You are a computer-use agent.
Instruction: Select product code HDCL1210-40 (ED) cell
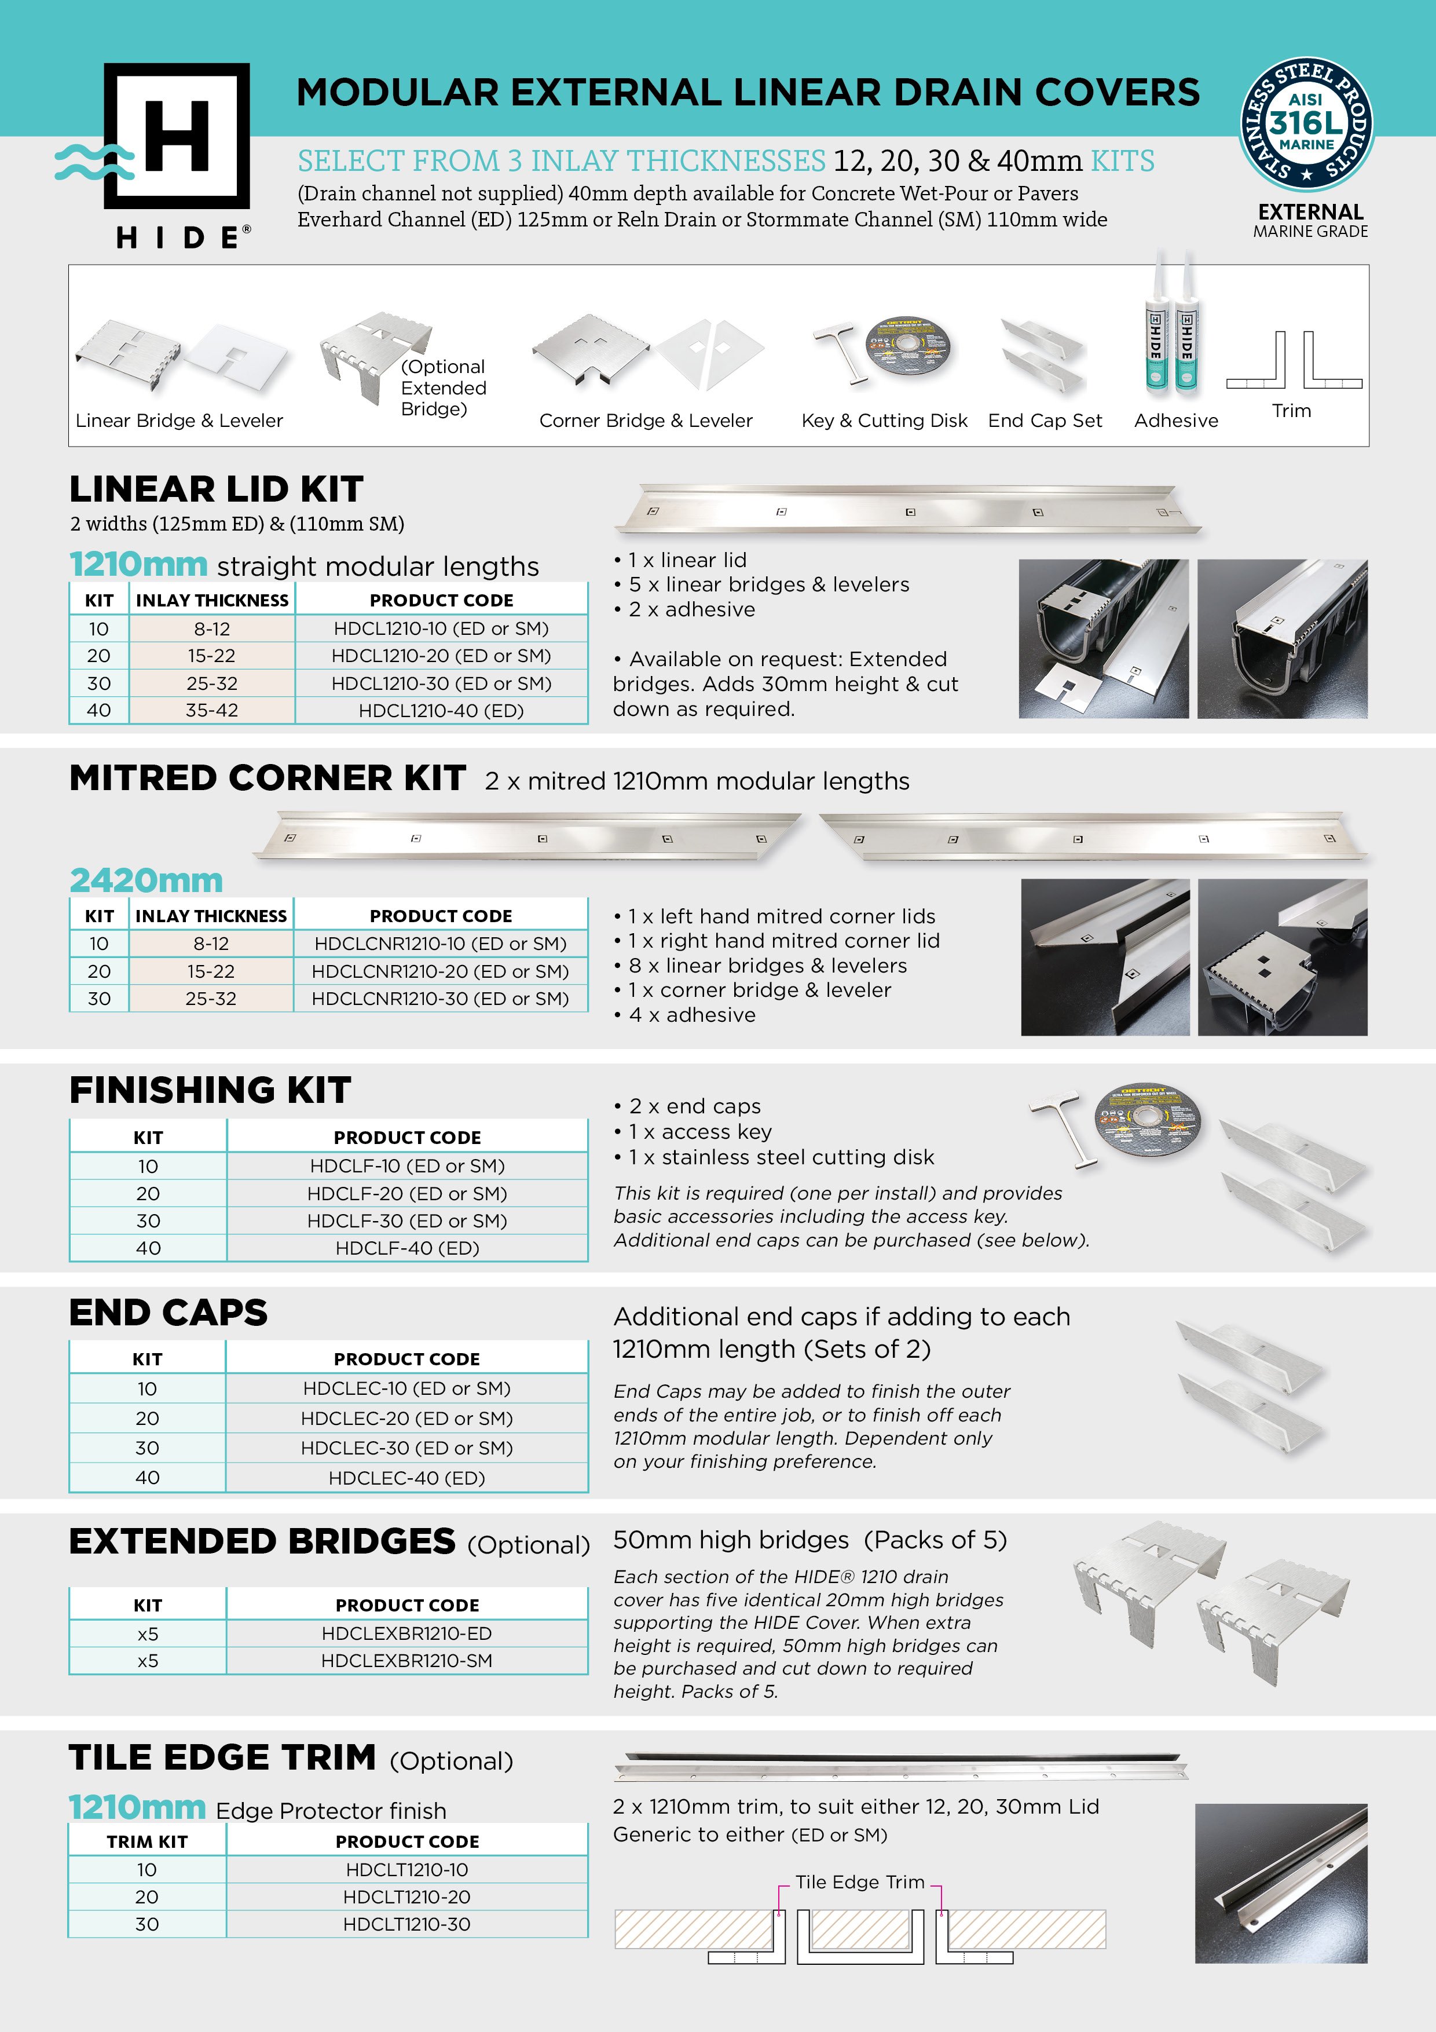tap(441, 710)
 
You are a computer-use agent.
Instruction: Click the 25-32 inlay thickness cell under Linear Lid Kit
tap(211, 684)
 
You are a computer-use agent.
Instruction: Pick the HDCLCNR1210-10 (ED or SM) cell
tap(439, 944)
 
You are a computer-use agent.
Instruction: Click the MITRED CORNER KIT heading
tap(267, 778)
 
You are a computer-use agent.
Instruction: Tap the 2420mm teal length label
tap(146, 880)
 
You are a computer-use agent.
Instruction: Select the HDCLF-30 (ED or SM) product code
tap(407, 1220)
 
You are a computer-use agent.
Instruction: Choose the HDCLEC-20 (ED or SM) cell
tap(406, 1418)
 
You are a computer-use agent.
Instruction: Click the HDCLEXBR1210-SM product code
tap(406, 1660)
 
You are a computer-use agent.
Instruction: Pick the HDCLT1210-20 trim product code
tap(406, 1896)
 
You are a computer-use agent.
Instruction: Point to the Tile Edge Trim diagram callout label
tap(859, 1881)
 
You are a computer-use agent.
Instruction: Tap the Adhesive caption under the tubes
tap(1176, 421)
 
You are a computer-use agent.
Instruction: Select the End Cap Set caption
tap(1045, 421)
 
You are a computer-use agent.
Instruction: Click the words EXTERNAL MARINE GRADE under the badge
tap(1310, 220)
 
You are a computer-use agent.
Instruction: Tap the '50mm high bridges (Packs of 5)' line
tap(809, 1540)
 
